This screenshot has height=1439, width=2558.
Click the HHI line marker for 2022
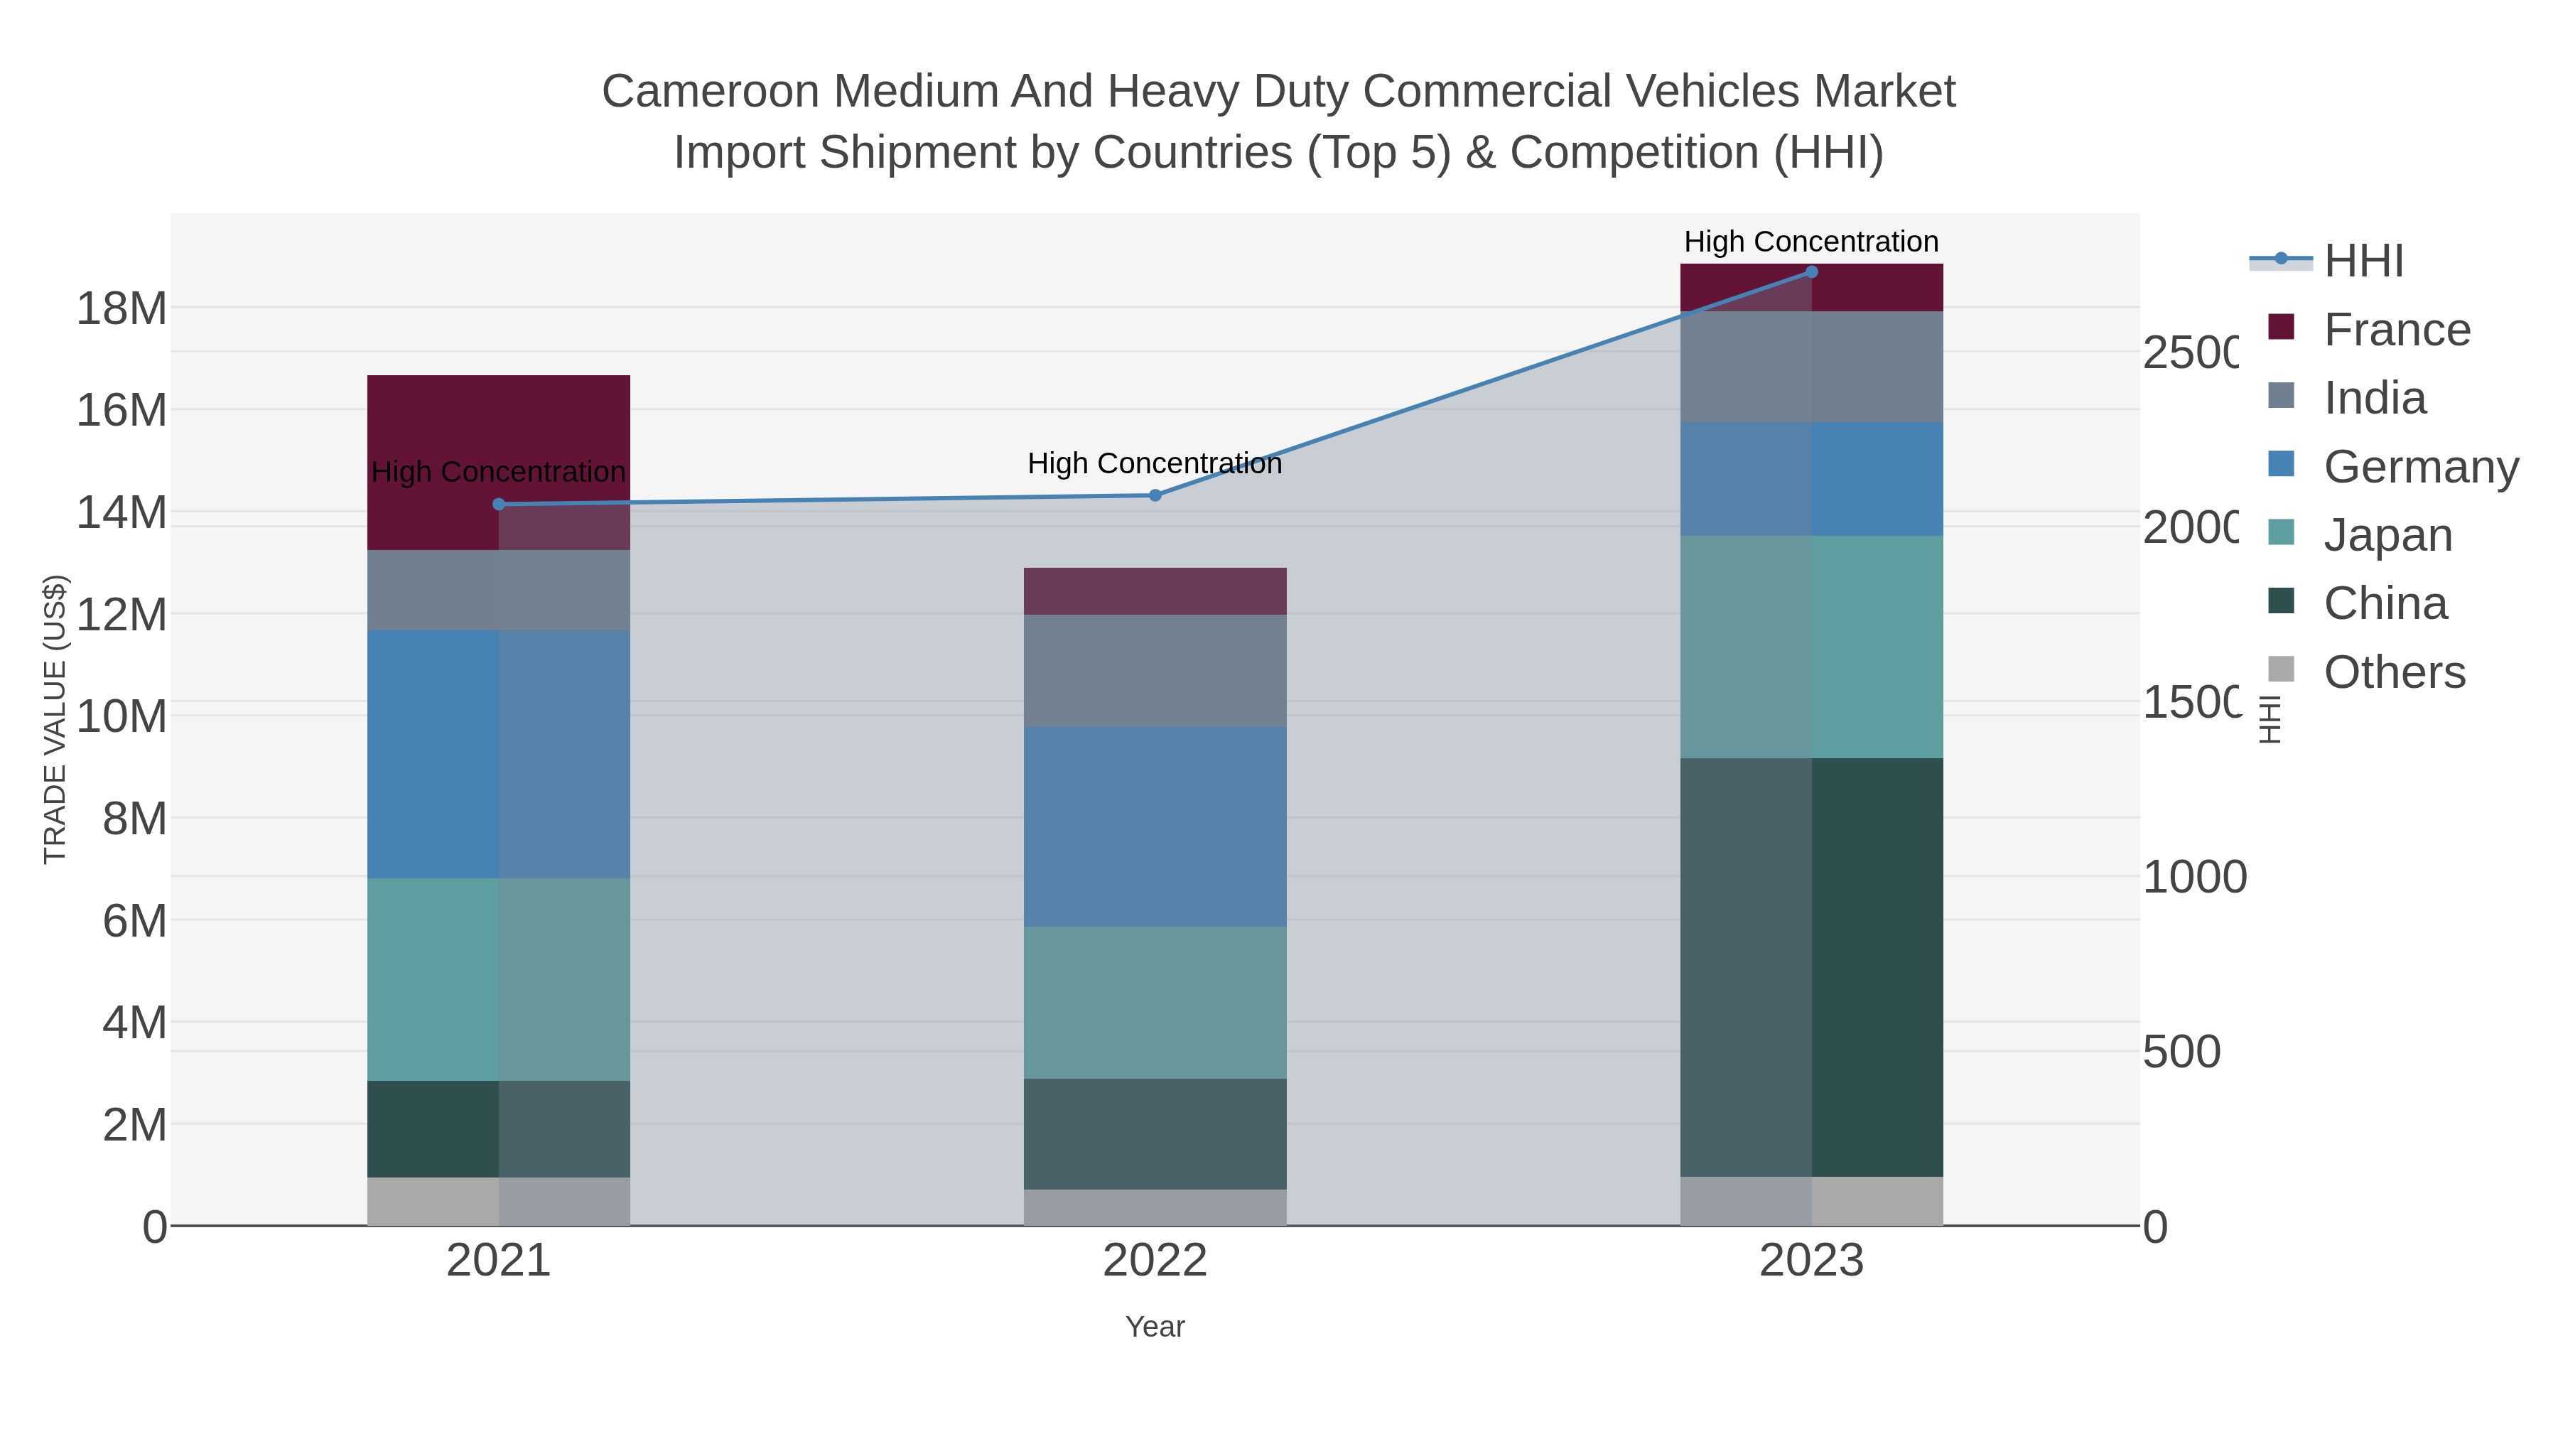pos(1155,495)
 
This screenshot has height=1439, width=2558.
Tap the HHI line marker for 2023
pos(1811,272)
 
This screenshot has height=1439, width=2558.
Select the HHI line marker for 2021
pos(499,505)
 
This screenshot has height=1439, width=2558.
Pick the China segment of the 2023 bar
pos(1811,967)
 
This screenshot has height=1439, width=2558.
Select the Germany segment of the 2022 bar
pos(1155,826)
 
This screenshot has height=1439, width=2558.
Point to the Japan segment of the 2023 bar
pos(1811,647)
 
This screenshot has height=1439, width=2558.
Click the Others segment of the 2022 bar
pos(1155,1207)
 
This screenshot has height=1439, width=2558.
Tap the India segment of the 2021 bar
pos(499,590)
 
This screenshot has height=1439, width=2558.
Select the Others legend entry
pos(2393,672)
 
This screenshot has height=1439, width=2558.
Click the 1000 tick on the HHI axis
pos(2193,877)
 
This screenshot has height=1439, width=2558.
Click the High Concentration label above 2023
pos(1810,242)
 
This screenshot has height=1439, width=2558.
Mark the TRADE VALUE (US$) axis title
pos(55,719)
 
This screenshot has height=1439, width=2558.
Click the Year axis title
pos(1155,1327)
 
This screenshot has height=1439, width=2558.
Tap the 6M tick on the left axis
pos(134,920)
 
